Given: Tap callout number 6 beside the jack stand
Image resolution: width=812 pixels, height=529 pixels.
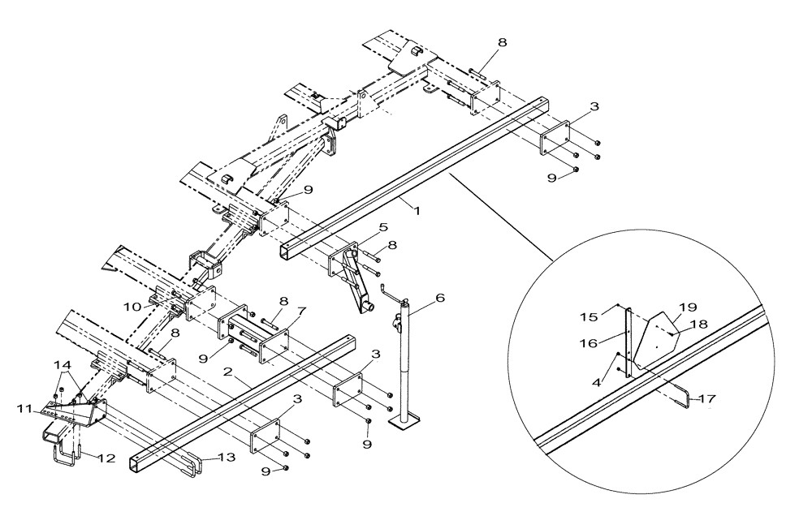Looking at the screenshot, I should click(x=439, y=299).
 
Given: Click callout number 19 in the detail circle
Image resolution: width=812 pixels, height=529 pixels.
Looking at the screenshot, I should click(x=688, y=308).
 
